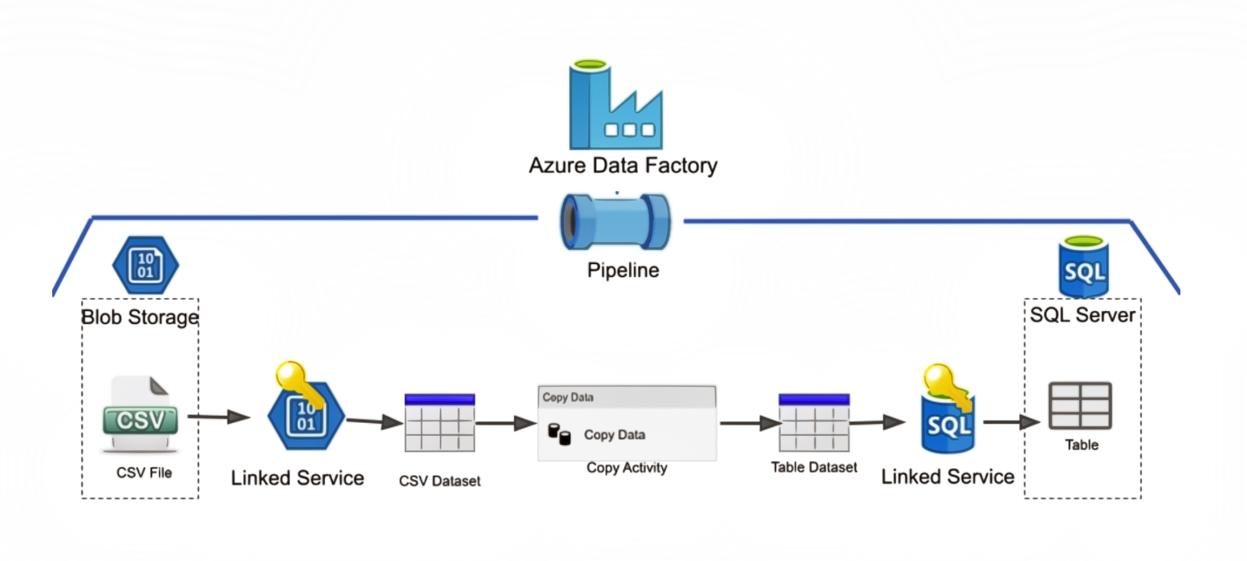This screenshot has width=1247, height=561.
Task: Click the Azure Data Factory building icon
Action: click(615, 104)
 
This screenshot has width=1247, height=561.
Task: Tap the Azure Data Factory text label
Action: click(623, 166)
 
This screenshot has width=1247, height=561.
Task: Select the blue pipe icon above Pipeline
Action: click(615, 222)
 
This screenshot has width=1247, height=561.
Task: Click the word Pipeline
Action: click(623, 270)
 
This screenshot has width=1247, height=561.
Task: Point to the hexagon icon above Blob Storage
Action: click(146, 265)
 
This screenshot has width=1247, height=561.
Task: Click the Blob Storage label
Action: click(140, 317)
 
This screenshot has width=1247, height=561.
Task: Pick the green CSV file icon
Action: click(140, 415)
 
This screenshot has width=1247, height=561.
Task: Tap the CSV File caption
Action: click(145, 473)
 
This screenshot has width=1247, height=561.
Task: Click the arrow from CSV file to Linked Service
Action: click(218, 416)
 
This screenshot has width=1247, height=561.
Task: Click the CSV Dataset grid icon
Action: click(440, 422)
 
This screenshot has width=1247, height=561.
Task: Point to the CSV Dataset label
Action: click(440, 481)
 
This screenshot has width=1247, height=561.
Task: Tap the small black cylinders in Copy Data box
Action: click(559, 434)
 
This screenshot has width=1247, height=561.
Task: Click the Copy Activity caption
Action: click(627, 468)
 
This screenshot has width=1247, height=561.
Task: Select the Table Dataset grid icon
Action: click(814, 422)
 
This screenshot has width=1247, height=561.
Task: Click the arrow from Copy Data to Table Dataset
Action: click(751, 424)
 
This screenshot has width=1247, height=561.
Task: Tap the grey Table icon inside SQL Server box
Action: click(1080, 405)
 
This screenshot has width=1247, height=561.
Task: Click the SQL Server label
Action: click(1082, 315)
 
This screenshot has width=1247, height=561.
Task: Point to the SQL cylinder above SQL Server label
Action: click(1083, 266)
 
